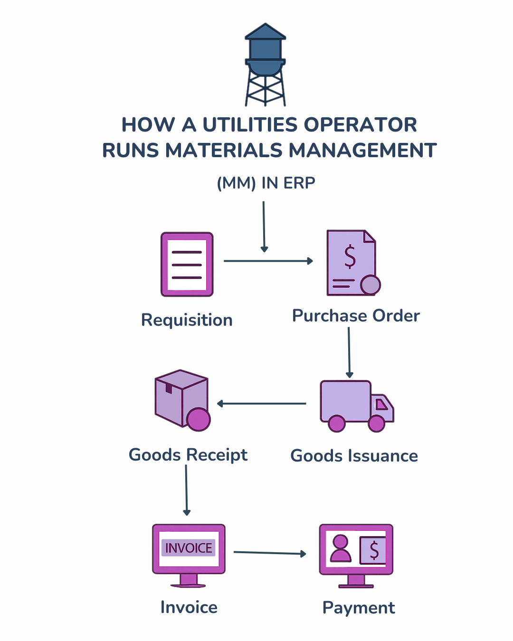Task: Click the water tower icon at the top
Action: pos(265,64)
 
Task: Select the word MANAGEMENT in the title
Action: pos(362,151)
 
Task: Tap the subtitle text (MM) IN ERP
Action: pos(266,183)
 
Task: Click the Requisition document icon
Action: pos(187,264)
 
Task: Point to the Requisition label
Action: pos(187,320)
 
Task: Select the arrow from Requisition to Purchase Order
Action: pos(268,261)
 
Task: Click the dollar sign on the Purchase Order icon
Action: pos(350,257)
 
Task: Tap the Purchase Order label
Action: pos(356,316)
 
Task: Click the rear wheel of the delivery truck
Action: pos(337,423)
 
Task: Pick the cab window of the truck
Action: pos(381,404)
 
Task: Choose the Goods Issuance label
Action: pos(354,456)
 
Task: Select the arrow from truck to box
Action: pos(262,404)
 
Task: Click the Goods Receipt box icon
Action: pos(182,399)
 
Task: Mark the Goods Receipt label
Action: pos(188,455)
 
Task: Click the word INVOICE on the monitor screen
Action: pos(189,548)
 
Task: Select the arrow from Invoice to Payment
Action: pos(270,553)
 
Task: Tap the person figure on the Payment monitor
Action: pos(340,549)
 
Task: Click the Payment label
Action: pos(359,608)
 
